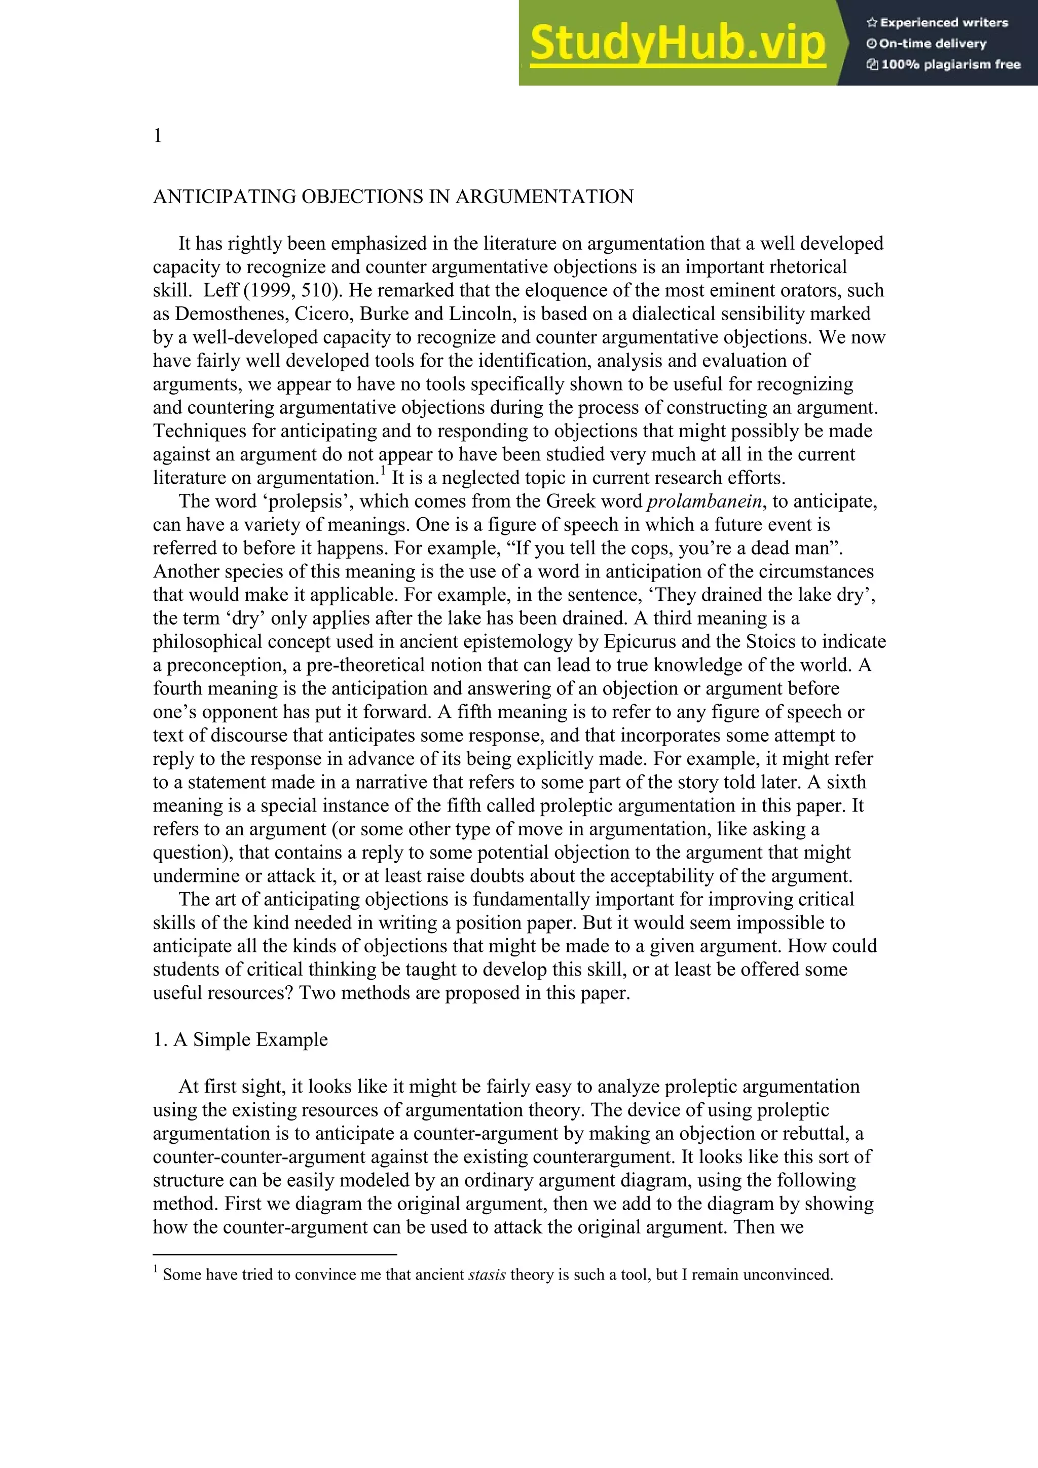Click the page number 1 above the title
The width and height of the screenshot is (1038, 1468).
pyautogui.click(x=157, y=136)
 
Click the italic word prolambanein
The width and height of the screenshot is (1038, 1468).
pyautogui.click(x=704, y=501)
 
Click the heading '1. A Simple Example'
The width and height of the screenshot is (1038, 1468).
pyautogui.click(x=240, y=1039)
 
